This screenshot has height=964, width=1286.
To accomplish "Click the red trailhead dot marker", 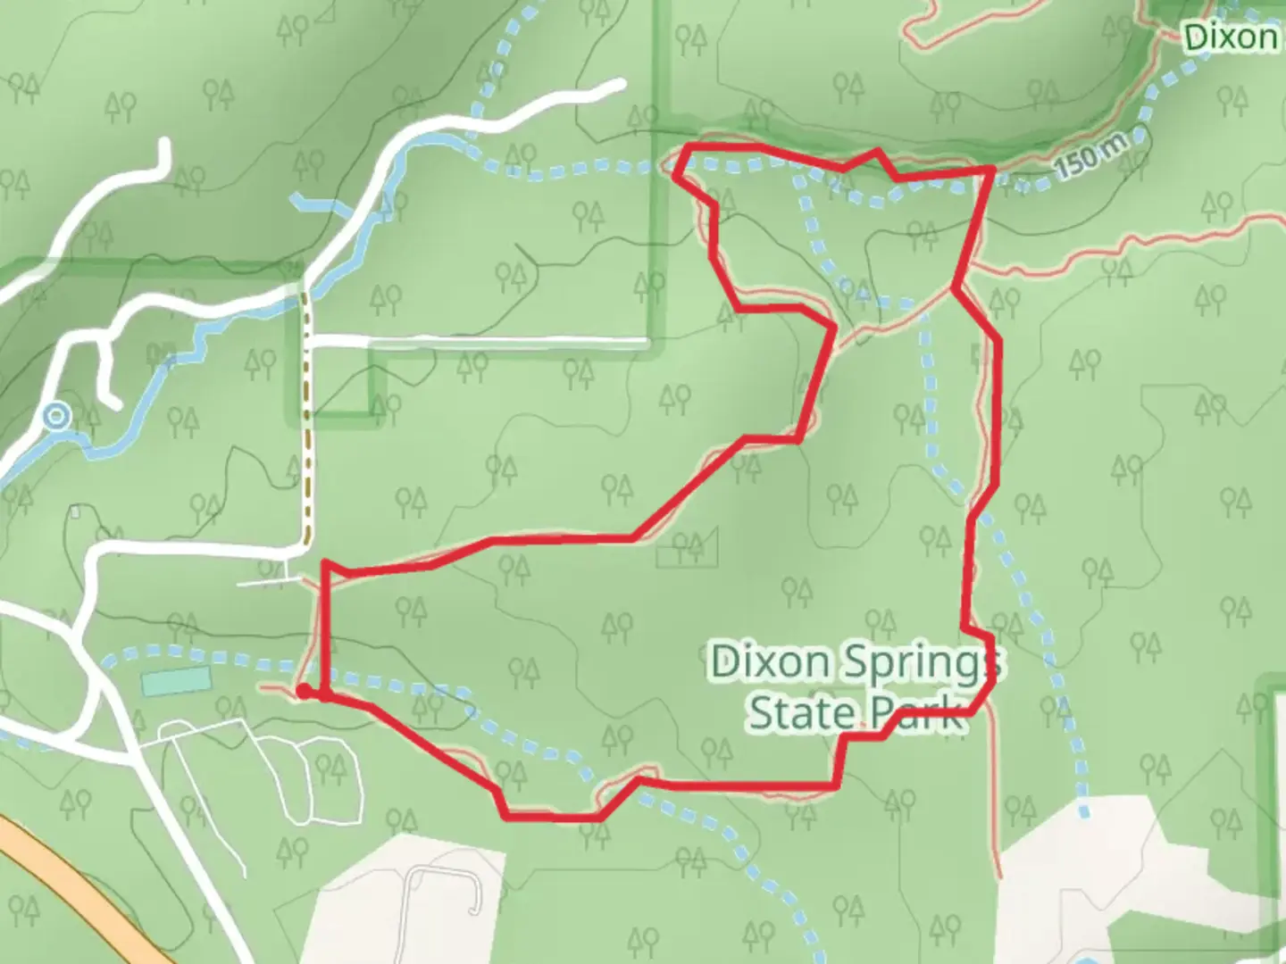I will [x=304, y=691].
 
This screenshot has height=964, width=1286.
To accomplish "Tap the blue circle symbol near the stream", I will [x=58, y=416].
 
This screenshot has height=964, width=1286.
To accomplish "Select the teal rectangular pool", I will [x=176, y=681].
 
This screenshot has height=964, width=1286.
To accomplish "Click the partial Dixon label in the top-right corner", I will [x=1231, y=37].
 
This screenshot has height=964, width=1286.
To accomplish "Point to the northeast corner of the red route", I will [x=990, y=169].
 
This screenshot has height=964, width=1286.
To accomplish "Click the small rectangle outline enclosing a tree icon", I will [x=687, y=548].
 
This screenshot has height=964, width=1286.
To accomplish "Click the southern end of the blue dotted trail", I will [x=1083, y=813].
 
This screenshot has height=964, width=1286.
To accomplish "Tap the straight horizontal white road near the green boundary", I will [x=478, y=341].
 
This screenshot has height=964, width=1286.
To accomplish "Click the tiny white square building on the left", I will [x=76, y=512].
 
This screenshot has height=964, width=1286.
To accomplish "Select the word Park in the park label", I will [x=916, y=713].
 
